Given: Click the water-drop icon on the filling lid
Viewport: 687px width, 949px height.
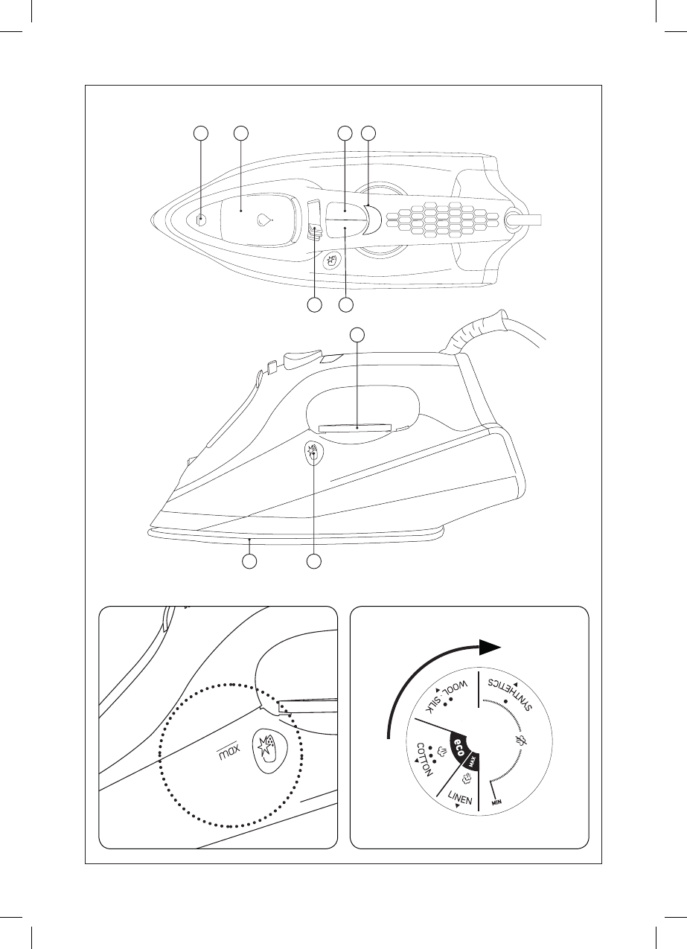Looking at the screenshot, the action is [x=263, y=220].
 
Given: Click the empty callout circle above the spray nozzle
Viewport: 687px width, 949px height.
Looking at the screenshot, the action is [x=200, y=133].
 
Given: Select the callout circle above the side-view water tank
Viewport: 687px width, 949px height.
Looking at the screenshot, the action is [x=358, y=335].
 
